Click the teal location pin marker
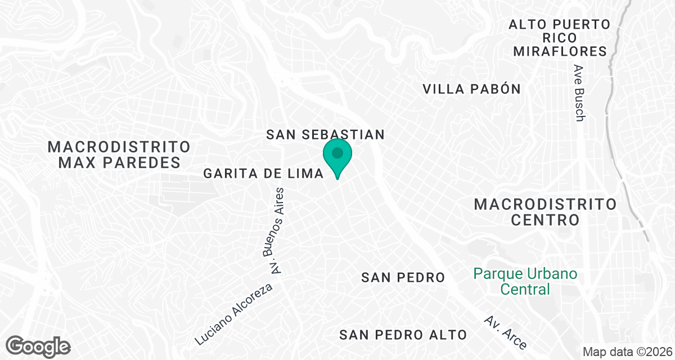337,158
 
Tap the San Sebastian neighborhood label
325,134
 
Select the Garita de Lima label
264,174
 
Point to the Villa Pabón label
471,89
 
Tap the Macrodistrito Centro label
545,211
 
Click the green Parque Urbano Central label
525,282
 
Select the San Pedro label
403,277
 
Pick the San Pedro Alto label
403,335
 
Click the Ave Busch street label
579,93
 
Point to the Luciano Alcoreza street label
233,314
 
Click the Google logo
39,345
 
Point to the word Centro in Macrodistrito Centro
545,220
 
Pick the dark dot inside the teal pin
337,152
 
